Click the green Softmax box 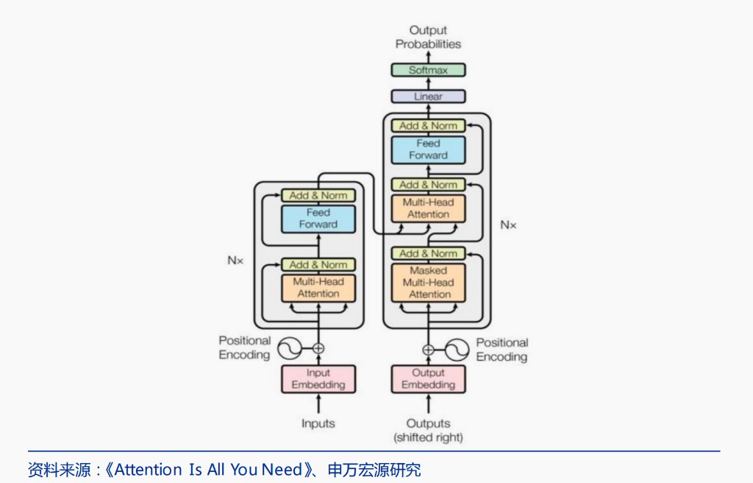pos(428,70)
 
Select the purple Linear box pos(428,96)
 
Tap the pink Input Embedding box pos(318,379)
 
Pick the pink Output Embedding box pos(428,379)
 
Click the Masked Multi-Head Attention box pos(428,283)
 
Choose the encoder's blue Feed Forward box pos(318,219)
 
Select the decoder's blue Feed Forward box pos(428,149)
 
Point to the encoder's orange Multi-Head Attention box pos(318,288)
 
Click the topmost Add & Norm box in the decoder pos(428,126)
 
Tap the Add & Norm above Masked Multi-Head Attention pos(428,253)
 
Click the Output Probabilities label pos(428,37)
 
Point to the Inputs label pos(318,423)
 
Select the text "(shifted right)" pos(428,437)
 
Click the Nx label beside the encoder pos(235,260)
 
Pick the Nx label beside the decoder pos(508,225)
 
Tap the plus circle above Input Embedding pos(318,348)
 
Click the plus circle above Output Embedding pos(428,349)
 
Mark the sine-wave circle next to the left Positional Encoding pos(288,348)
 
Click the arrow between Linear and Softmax pos(428,83)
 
